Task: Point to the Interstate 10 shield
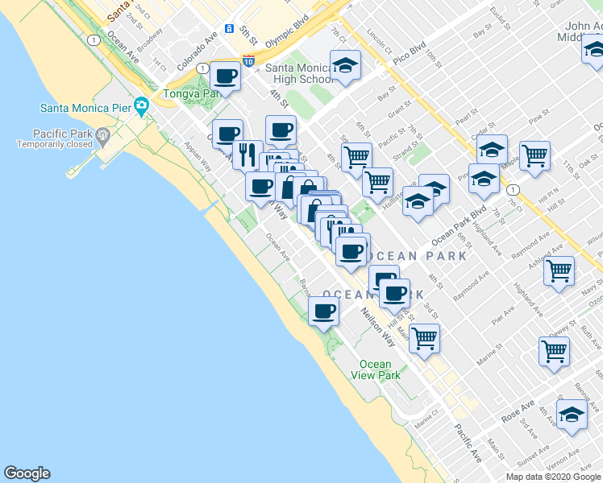point(248,60)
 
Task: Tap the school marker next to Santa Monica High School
point(345,66)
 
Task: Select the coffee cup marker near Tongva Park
point(226,76)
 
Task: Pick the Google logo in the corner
point(27,473)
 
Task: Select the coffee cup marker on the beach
point(324,311)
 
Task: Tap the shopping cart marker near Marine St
point(423,337)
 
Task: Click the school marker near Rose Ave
point(572,415)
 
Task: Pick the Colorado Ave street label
point(198,49)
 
